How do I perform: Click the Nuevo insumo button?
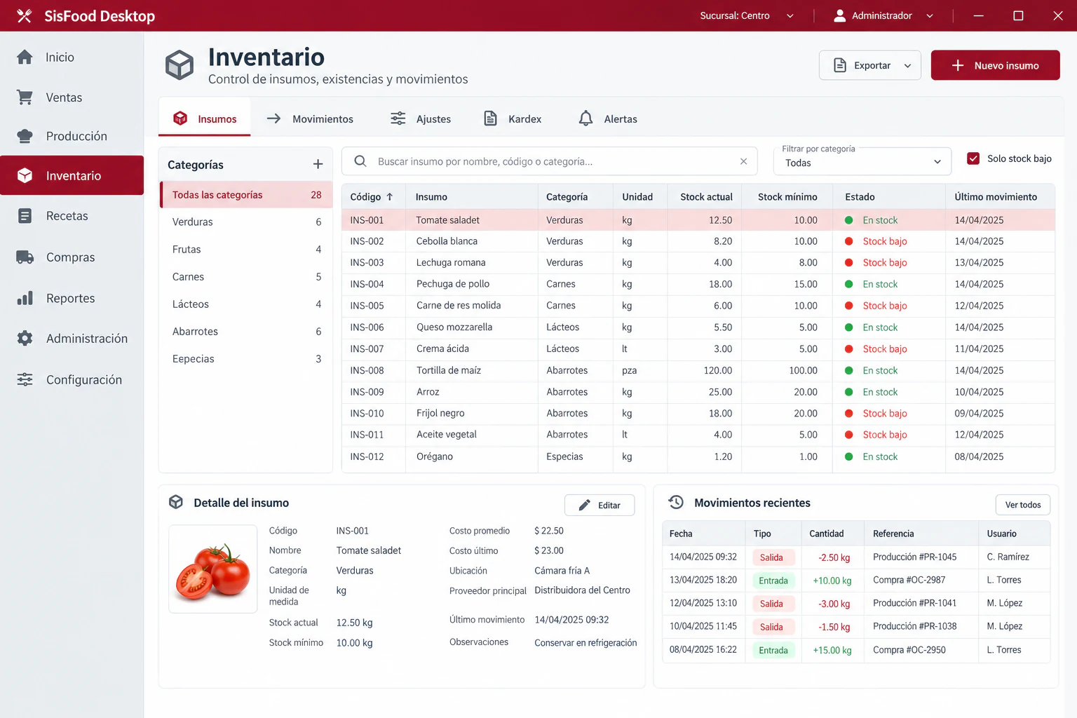click(995, 65)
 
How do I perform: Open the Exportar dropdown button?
click(869, 65)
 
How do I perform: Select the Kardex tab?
click(513, 118)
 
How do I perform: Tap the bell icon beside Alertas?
click(585, 118)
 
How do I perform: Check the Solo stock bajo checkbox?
click(973, 158)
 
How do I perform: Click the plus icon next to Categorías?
click(318, 165)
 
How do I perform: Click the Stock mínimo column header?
click(787, 197)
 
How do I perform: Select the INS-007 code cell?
click(367, 348)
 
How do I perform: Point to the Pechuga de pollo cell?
click(453, 284)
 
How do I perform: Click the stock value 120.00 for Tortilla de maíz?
click(718, 370)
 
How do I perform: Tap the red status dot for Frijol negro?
click(848, 413)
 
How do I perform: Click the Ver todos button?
click(1023, 505)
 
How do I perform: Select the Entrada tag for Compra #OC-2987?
click(773, 581)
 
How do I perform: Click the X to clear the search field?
click(743, 161)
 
